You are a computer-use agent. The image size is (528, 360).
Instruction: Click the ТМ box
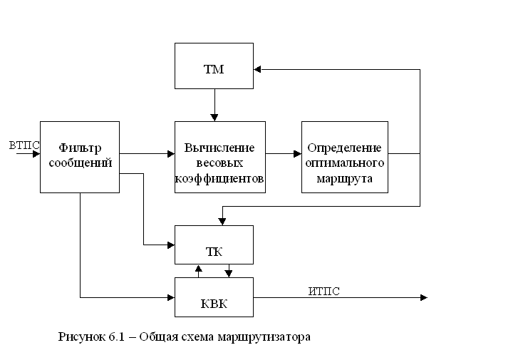click(x=214, y=69)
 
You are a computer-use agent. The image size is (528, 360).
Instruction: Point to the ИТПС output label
click(x=323, y=290)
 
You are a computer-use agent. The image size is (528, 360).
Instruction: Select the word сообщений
click(x=80, y=162)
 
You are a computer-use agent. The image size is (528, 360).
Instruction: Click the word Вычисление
click(x=219, y=148)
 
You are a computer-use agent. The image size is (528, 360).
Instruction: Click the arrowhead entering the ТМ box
click(x=258, y=69)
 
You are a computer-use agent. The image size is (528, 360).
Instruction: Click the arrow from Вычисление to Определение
click(x=284, y=153)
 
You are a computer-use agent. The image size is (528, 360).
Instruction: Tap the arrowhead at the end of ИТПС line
click(x=423, y=297)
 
